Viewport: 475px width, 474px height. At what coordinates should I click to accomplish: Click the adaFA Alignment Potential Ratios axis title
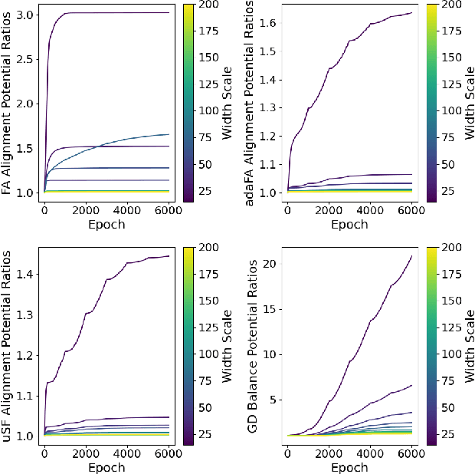(x=251, y=103)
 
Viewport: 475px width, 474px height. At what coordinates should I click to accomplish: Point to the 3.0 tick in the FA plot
(x=22, y=14)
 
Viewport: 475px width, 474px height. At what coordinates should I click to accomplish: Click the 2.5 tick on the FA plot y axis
(x=22, y=58)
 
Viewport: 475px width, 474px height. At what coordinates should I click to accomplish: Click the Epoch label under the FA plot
(x=107, y=225)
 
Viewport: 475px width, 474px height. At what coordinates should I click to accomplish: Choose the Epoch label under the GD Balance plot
(x=349, y=467)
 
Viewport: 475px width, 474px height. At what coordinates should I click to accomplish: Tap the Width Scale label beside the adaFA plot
(x=469, y=103)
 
